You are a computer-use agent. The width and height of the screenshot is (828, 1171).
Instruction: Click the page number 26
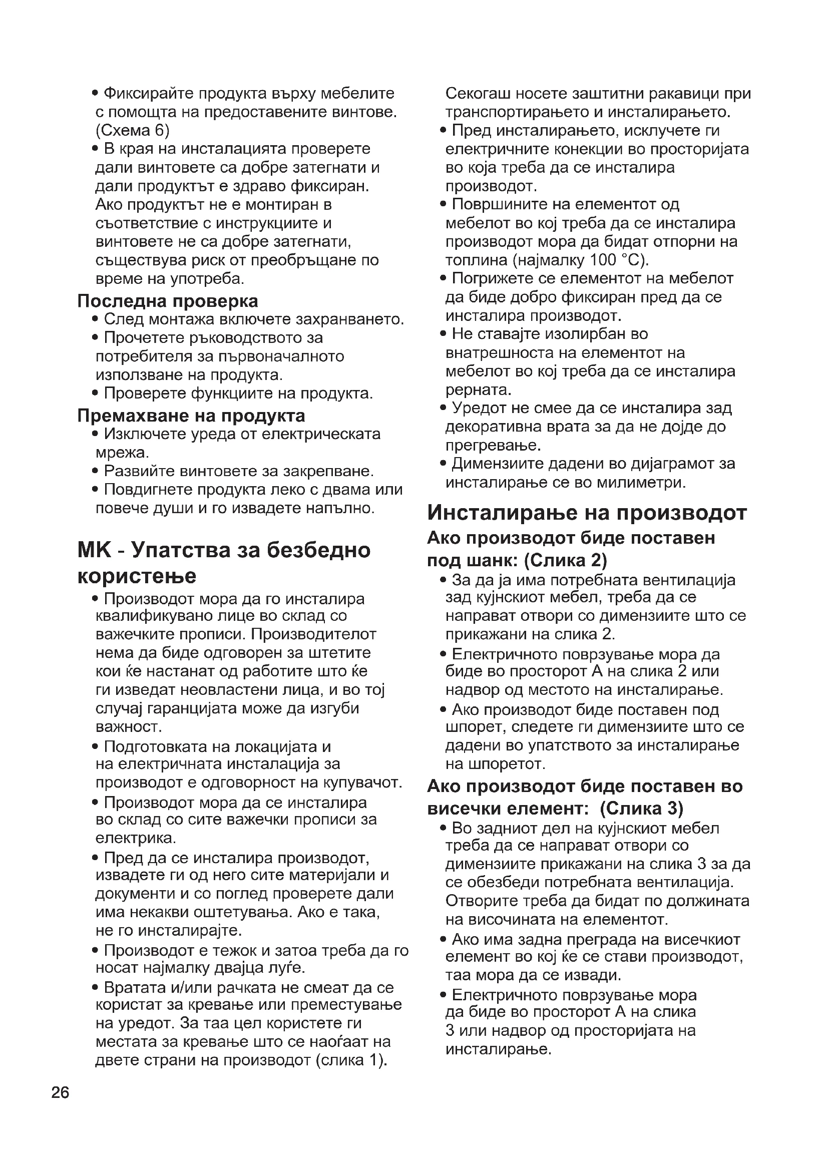coord(60,1093)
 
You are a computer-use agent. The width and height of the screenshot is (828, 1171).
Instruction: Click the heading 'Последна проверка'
coord(168,301)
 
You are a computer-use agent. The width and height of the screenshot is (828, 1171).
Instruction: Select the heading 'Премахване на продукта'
coord(191,416)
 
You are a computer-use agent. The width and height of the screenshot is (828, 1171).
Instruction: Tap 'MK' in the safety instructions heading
coord(94,550)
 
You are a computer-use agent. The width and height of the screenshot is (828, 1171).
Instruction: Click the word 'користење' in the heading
coord(137,576)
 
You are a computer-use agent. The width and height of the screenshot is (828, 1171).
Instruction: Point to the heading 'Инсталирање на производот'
coord(587,512)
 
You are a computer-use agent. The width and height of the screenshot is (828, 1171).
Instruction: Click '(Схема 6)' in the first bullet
coord(132,131)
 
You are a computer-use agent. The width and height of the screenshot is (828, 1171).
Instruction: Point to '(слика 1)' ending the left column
coord(351,1060)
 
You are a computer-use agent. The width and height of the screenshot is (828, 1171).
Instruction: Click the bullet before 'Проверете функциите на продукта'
coord(95,394)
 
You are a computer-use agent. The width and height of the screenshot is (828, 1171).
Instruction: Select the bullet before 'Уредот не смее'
coord(443,409)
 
